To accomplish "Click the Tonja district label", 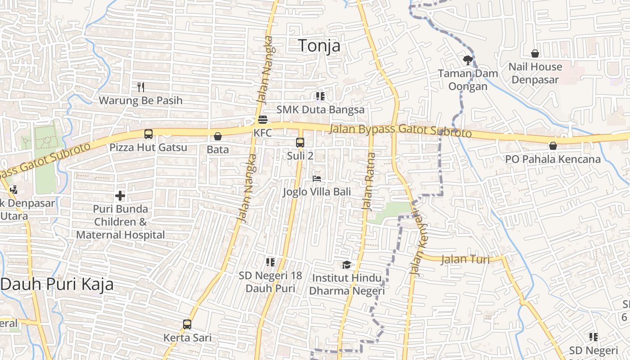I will pos(319,46).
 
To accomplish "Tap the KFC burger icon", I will pos(263,120).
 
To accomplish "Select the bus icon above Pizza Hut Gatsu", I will pos(148,134).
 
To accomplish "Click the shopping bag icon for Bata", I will pos(218,136).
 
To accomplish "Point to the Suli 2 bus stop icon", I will pos(300,143).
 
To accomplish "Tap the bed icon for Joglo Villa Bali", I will pos(317,179).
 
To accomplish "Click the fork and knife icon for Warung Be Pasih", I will pos(141,87).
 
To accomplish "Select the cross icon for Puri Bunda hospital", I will pos(120,196).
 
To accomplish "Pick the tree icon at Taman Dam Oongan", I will pos(468,59).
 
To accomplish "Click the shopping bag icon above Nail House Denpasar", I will pos(535,54).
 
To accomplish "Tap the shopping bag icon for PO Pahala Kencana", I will pos(553,146).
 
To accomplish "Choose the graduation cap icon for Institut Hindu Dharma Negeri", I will pos(346,265).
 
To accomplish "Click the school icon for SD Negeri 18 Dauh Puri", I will pos(270,262).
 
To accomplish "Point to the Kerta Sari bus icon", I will pos(187,324).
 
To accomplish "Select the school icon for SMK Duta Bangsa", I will pos(320,96).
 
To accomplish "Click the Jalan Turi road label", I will pos(465,259).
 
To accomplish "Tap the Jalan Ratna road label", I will pos(369,182).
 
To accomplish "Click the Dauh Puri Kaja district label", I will pos(57,284).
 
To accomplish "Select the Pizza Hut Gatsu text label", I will pos(148,148).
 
